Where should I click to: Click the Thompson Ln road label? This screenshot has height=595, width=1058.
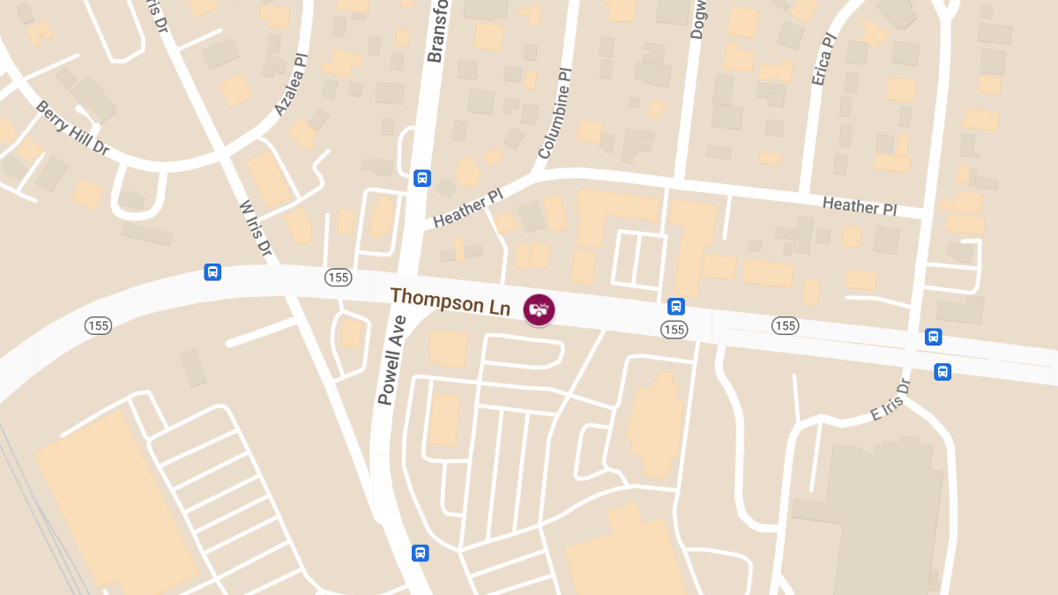[x=451, y=301]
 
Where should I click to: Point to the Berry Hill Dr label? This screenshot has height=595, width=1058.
[x=72, y=129]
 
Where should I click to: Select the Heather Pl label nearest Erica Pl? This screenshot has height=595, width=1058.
[x=859, y=205]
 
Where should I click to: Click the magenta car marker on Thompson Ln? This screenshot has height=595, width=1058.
[x=539, y=309]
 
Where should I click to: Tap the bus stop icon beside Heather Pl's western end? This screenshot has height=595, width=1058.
[x=422, y=178]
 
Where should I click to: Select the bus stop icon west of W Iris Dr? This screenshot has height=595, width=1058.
[x=212, y=271]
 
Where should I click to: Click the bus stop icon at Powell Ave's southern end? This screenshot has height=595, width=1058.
[x=421, y=553]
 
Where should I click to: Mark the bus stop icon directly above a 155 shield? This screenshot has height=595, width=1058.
[x=676, y=307]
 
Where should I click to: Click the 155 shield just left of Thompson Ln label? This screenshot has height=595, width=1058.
[x=338, y=278]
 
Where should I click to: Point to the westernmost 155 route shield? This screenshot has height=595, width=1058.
[x=98, y=325]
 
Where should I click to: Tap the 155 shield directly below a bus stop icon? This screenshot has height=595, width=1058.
[x=674, y=329]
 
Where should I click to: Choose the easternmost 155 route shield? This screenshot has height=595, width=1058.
[x=785, y=326]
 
